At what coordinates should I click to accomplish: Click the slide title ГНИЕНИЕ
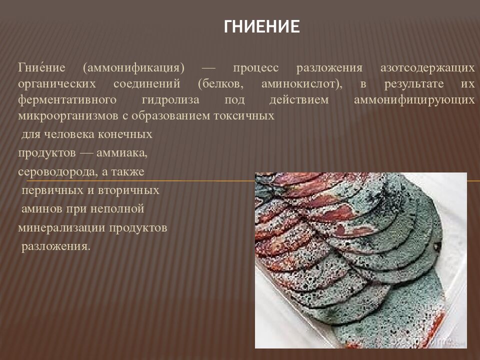pos(261,26)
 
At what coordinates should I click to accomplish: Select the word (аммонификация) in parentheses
pos(134,67)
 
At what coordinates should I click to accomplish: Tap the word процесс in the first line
pos(255,67)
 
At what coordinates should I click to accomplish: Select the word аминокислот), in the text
pos(301,83)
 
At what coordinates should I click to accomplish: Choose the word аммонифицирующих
pos(414,99)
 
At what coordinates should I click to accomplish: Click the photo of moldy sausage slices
pos(360,260)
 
